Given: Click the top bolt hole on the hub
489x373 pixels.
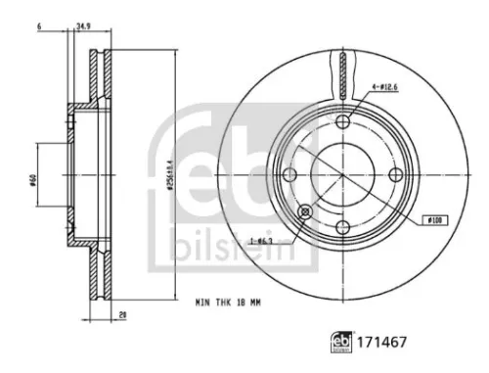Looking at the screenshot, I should click(341, 120).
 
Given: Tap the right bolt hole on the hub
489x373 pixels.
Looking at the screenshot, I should click(396, 175).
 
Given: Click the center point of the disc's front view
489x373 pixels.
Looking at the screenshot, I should click(341, 175).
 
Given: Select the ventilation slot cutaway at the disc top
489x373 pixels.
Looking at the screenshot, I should click(341, 71).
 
